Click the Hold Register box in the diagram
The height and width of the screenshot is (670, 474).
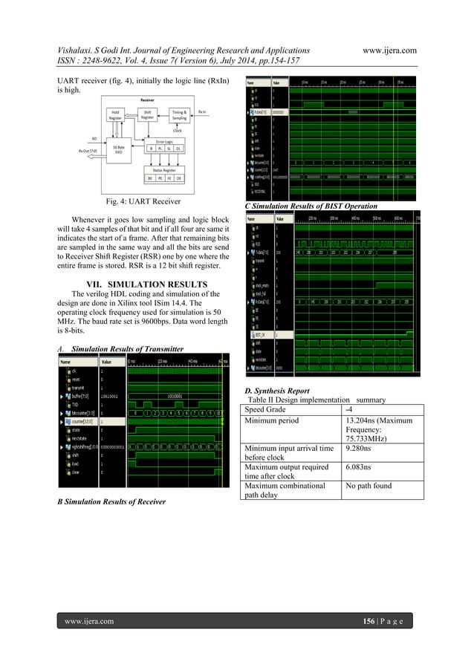tap(115, 115)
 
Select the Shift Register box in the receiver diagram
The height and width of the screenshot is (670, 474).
tap(147, 114)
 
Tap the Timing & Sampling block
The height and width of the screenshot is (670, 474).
tap(178, 114)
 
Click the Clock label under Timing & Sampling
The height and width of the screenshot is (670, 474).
tap(178, 130)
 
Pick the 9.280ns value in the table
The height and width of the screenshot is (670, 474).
tap(360, 449)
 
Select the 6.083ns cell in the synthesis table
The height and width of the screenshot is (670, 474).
tap(360, 469)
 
